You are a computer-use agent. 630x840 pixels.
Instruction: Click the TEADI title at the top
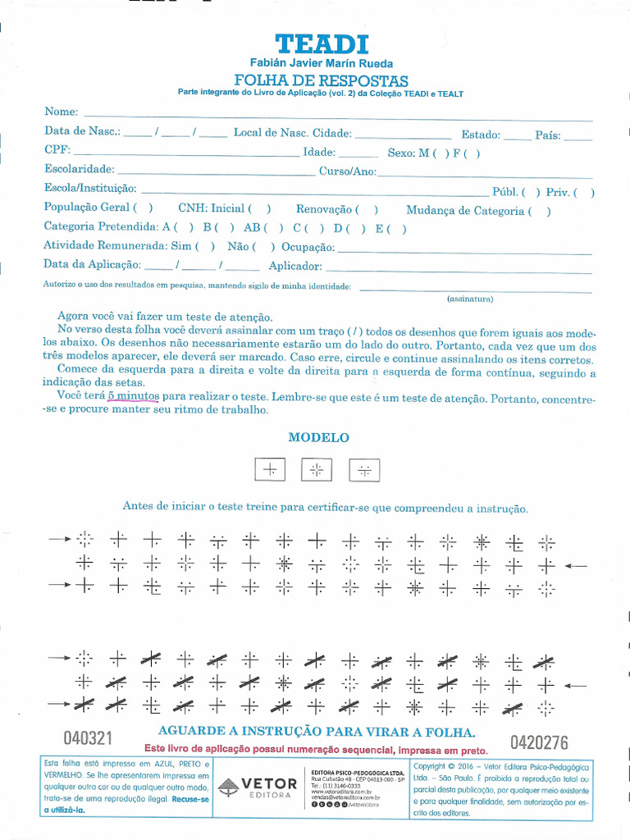point(322,44)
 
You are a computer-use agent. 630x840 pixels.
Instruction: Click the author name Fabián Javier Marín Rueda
point(321,64)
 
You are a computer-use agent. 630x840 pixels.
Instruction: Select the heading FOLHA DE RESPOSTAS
point(321,80)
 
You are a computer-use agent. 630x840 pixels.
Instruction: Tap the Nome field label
point(61,112)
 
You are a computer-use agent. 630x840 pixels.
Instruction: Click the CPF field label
point(57,151)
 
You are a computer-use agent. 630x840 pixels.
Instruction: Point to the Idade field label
point(318,153)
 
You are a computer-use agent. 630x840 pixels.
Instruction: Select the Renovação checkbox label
point(324,210)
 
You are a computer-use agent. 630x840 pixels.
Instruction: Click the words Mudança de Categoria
point(464,211)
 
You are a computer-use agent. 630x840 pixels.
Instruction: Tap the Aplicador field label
point(295,266)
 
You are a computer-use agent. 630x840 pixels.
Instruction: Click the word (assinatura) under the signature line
point(470,299)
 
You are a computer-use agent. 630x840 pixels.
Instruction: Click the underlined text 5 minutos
point(133,395)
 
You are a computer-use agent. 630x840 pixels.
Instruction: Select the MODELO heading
point(319,438)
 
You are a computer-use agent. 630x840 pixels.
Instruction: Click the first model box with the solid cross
point(270,469)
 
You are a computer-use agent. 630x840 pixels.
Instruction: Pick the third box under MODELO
point(364,469)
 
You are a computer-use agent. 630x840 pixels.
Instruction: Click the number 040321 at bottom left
point(88,737)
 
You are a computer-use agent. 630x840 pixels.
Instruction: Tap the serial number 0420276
point(539,743)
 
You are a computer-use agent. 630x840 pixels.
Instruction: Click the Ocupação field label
point(308,247)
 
